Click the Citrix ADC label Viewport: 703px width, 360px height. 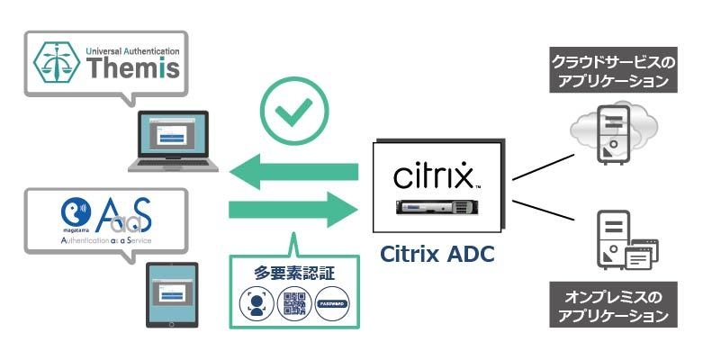tap(437, 255)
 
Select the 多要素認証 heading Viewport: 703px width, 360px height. tap(293, 271)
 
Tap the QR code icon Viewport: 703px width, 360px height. tap(293, 304)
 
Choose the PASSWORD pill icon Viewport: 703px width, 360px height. tap(330, 304)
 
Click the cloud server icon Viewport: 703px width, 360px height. tap(608, 133)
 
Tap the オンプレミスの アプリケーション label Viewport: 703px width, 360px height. tap(612, 305)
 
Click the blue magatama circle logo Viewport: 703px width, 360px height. tap(73, 213)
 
